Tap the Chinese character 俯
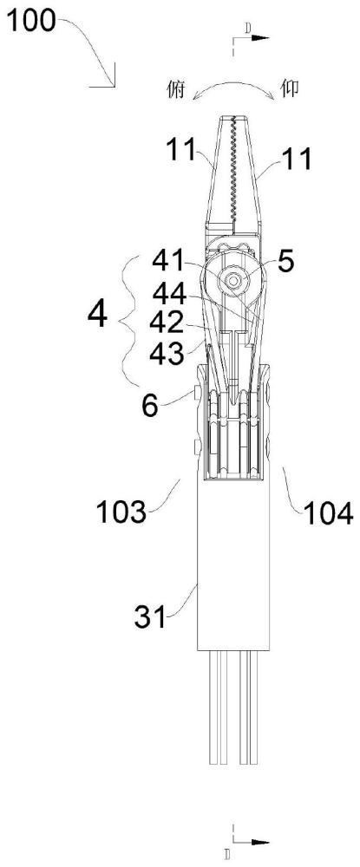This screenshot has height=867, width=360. coord(176,89)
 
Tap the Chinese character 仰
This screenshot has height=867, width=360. coord(291,89)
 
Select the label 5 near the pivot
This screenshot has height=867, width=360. coord(286,264)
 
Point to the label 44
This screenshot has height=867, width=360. coord(171,294)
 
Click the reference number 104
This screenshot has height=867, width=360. coord(327,514)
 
